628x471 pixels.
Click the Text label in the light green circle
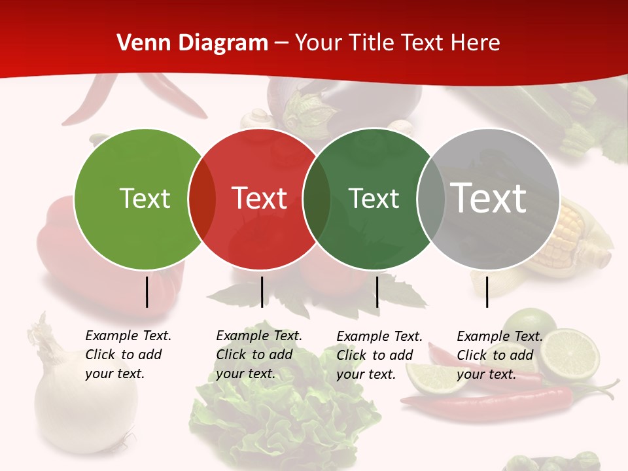pyautogui.click(x=145, y=198)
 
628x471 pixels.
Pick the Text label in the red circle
pyautogui.click(x=260, y=198)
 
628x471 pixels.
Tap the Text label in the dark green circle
pyautogui.click(x=374, y=198)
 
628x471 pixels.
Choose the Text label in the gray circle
pyautogui.click(x=489, y=198)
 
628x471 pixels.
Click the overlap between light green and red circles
pyautogui.click(x=202, y=198)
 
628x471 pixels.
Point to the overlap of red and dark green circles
pyautogui.click(x=317, y=198)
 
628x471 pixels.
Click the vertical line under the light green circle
pyautogui.click(x=147, y=292)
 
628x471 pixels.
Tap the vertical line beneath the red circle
pyautogui.click(x=262, y=292)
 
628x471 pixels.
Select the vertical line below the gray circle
pyautogui.click(x=487, y=292)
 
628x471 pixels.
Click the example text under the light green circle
pyautogui.click(x=128, y=355)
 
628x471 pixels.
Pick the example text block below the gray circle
pyautogui.click(x=499, y=355)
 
